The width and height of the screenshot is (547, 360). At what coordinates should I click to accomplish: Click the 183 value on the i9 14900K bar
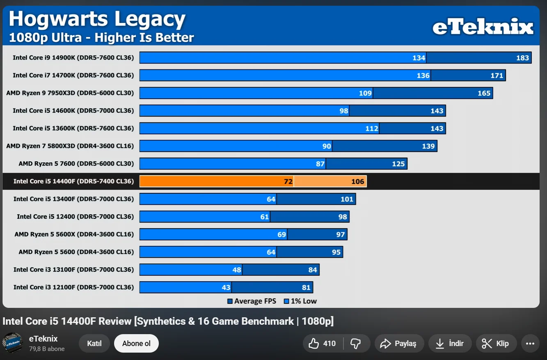coord(522,58)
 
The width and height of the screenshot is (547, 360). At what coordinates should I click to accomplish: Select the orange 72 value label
coord(288,181)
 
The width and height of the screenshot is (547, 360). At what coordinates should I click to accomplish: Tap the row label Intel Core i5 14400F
coord(73,181)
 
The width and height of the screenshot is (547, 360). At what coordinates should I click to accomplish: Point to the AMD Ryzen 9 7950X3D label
coord(70,93)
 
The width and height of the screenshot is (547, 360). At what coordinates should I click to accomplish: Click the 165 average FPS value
coord(484,93)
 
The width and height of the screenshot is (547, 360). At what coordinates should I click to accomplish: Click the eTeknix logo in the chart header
coord(483,28)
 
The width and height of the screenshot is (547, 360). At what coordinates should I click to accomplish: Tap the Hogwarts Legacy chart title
coord(97,19)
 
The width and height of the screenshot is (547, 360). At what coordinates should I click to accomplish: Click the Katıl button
coord(94,344)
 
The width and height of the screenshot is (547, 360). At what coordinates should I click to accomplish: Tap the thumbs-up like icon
coord(314,344)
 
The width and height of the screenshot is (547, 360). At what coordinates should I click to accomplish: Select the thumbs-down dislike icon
coord(355,344)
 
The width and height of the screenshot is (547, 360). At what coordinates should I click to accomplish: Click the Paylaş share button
coord(398,344)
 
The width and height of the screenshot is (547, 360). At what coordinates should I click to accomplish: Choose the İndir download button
coord(449,344)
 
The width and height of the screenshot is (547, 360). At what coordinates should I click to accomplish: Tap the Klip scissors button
coord(495,344)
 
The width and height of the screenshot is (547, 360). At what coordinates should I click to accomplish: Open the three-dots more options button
coord(530,344)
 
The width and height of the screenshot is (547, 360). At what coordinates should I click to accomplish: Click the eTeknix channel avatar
coord(13,343)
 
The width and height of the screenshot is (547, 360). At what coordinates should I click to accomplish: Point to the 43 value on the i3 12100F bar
coord(226,287)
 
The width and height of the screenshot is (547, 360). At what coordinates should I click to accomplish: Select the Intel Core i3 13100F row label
coord(73,270)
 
